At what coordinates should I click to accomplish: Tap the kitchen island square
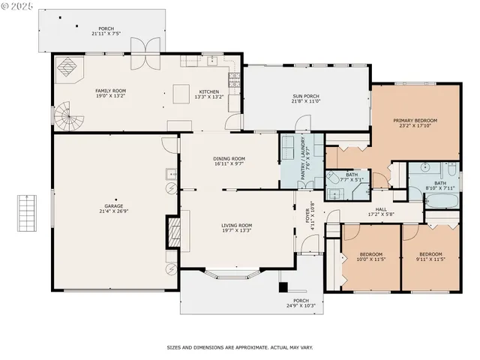(181, 94)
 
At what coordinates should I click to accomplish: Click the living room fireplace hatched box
(172, 230)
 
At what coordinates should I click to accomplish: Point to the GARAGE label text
(114, 205)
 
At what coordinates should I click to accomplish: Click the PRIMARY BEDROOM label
(415, 121)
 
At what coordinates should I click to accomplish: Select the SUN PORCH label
(306, 95)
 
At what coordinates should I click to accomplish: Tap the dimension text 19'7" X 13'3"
(236, 231)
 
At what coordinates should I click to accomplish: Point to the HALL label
(380, 209)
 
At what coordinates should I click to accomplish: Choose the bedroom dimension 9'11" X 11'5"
(430, 259)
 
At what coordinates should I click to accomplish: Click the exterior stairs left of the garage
(28, 213)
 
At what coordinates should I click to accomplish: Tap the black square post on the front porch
(283, 286)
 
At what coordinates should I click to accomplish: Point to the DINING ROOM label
(229, 158)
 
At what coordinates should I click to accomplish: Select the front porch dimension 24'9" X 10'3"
(301, 306)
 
